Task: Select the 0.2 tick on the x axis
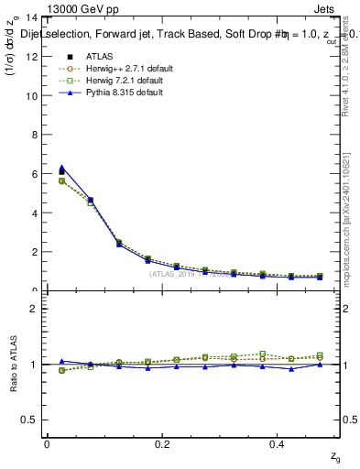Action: (x=163, y=444)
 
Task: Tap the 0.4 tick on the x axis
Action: (x=280, y=444)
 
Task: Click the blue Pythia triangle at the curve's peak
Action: (x=61, y=168)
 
